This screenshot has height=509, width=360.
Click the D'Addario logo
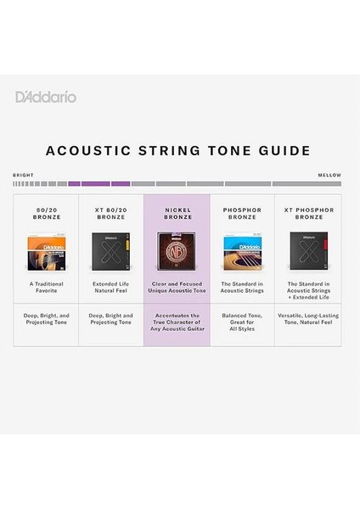click(45, 97)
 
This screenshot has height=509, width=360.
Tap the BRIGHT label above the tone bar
click(23, 176)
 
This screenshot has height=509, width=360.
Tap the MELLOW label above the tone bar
click(329, 176)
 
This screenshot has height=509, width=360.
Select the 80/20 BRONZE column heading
click(46, 213)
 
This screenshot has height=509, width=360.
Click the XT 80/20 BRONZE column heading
click(111, 213)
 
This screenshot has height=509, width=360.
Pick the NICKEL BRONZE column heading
click(177, 213)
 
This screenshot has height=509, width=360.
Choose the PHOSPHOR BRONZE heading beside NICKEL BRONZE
click(242, 213)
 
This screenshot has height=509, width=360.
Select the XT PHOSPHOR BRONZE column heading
click(307, 213)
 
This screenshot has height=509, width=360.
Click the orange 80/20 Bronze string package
click(46, 251)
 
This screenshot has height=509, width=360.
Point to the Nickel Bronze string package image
click(177, 251)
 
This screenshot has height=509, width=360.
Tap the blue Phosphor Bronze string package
click(242, 251)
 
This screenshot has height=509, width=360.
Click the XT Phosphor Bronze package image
click(307, 251)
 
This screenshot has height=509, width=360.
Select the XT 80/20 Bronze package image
click(111, 251)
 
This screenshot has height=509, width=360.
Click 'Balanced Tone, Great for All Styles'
click(242, 322)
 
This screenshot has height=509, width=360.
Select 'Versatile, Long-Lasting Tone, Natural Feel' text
click(307, 322)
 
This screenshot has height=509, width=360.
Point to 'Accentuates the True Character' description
click(177, 322)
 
